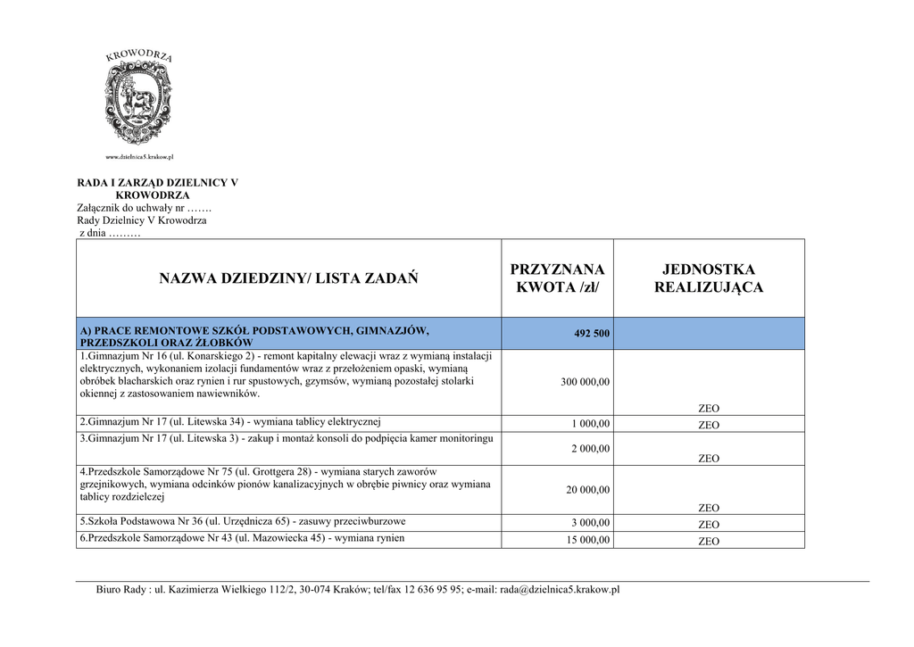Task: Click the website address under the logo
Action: pos(139,157)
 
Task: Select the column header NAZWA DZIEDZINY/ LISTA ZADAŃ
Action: pos(288,278)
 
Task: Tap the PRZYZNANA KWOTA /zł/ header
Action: pos(557,278)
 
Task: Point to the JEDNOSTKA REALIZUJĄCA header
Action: pos(709,278)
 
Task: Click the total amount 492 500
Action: pos(592,334)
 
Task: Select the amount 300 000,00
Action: pos(585,382)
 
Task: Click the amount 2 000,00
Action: pos(591,449)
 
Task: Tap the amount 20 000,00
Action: pos(587,490)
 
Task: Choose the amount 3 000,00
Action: pos(591,524)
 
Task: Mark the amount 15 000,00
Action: pos(587,541)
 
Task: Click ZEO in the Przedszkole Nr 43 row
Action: pos(709,541)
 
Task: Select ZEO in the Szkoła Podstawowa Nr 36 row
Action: pos(709,525)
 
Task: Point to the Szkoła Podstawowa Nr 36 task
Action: pos(242,521)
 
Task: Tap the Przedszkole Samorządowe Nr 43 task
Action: pos(242,538)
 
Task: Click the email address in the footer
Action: pos(560,590)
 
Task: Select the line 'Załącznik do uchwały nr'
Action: pos(144,208)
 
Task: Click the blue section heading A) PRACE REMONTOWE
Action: pos(254,336)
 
